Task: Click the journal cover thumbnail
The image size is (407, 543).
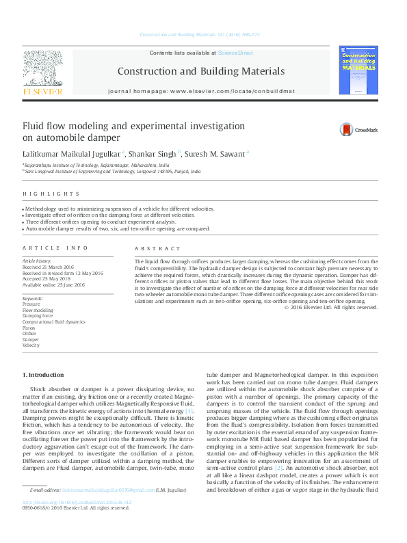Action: [358, 70]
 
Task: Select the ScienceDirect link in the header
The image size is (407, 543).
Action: [235, 53]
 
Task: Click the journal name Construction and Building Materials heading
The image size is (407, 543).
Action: [200, 71]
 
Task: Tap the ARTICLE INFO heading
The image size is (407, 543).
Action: [55, 248]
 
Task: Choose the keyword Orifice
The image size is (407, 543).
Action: [30, 334]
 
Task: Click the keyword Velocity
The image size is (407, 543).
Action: [31, 345]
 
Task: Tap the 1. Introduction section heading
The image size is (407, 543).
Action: [44, 375]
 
